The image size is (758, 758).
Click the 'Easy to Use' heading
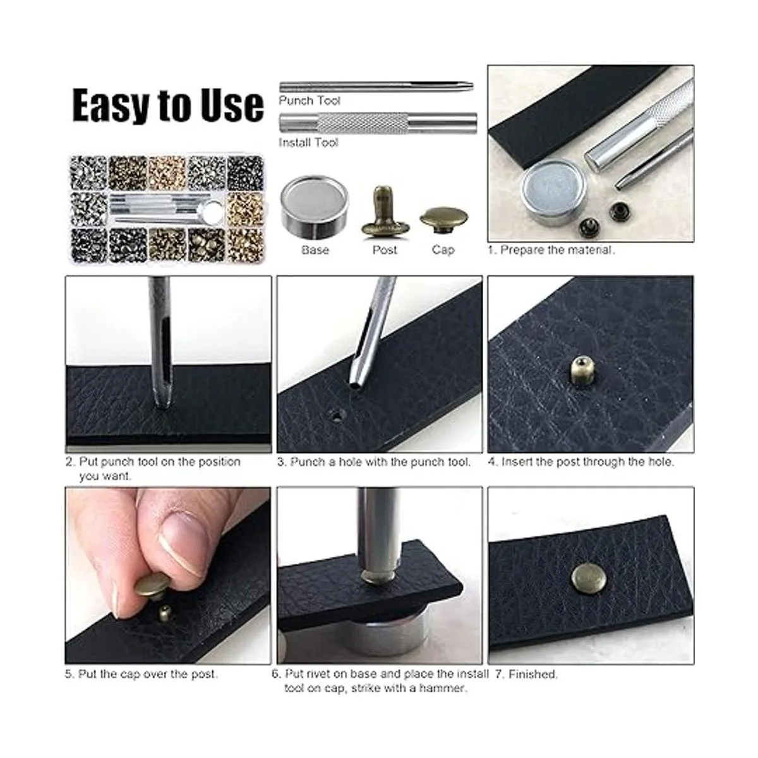pyautogui.click(x=168, y=105)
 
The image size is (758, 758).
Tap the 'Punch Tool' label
pyautogui.click(x=310, y=100)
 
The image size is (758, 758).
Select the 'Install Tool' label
pyautogui.click(x=308, y=142)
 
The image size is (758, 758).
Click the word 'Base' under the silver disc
pyautogui.click(x=315, y=250)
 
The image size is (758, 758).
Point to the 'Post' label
pyautogui.click(x=385, y=250)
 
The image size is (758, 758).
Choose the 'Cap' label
pyautogui.click(x=443, y=250)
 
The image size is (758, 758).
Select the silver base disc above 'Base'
pyautogui.click(x=315, y=208)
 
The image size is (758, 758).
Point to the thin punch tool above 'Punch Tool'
pyautogui.click(x=376, y=87)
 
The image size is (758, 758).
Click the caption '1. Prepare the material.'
pyautogui.click(x=551, y=250)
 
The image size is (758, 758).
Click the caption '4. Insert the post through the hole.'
pyautogui.click(x=581, y=461)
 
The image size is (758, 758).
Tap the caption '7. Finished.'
pyautogui.click(x=527, y=674)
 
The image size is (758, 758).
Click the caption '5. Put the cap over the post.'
pyautogui.click(x=141, y=674)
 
